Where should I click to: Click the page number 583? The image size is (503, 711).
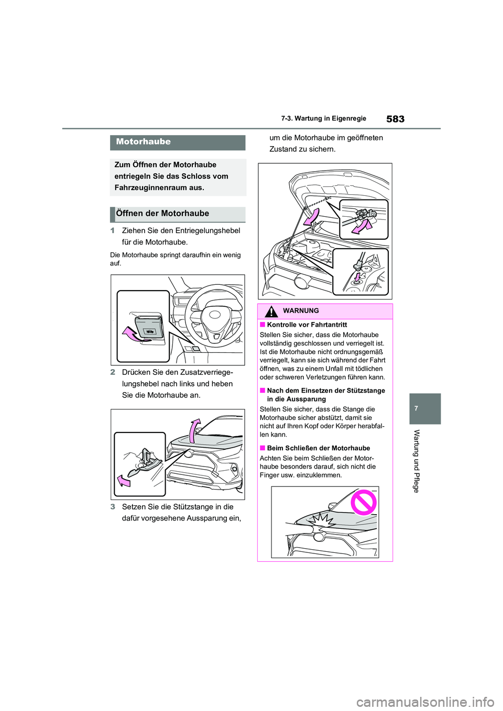(x=395, y=119)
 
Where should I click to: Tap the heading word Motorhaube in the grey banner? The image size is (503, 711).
(x=143, y=142)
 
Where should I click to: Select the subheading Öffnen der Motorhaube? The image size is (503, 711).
(x=162, y=214)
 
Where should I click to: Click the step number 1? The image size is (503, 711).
(x=112, y=231)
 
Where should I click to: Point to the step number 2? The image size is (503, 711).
(x=112, y=373)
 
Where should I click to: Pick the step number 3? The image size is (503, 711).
(x=112, y=507)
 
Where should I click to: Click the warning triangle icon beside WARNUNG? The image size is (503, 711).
(x=271, y=312)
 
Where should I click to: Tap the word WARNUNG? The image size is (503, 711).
(x=301, y=311)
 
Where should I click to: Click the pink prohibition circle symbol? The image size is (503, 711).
(x=364, y=503)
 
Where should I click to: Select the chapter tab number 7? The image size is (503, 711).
(x=416, y=408)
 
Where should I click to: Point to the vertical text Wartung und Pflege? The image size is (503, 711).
(x=417, y=461)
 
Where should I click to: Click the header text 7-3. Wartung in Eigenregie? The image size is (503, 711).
(x=323, y=119)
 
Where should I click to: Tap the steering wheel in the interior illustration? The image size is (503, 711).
(x=214, y=314)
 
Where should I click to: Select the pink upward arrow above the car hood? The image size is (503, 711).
(x=195, y=430)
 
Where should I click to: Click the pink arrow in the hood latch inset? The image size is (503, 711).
(x=124, y=480)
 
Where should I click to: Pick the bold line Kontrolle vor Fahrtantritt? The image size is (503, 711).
(x=307, y=325)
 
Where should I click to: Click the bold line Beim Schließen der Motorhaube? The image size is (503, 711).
(x=318, y=448)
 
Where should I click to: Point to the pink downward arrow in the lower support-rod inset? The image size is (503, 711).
(x=358, y=275)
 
